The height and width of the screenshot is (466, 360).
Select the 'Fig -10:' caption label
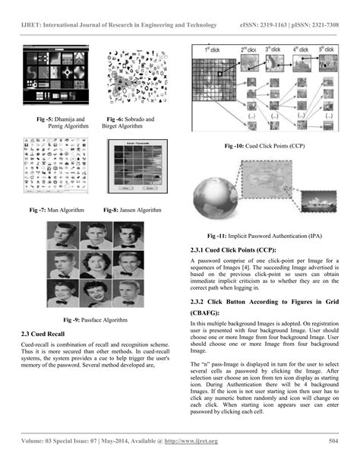coord(237,145)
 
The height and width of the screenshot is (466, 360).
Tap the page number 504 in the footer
coord(332,442)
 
